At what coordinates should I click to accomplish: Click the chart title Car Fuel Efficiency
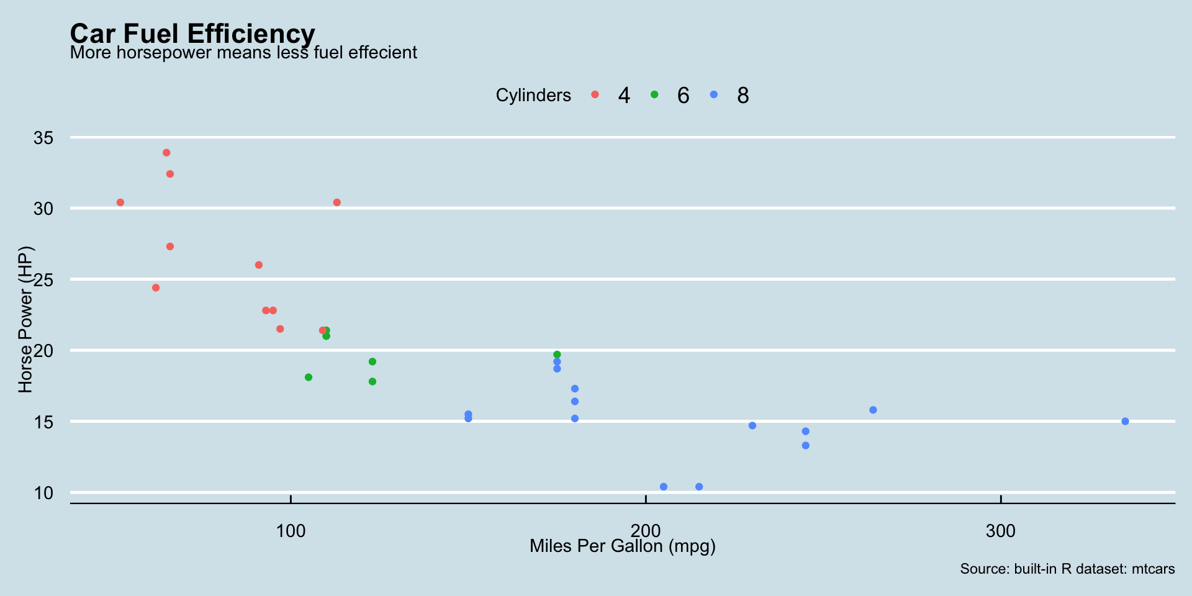click(192, 34)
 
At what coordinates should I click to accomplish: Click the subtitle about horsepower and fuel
click(243, 53)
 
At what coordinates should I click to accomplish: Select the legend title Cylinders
click(533, 95)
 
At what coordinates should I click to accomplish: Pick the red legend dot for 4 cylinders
click(595, 94)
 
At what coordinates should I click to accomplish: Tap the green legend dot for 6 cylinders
click(654, 94)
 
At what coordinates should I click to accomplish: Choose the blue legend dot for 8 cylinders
click(714, 94)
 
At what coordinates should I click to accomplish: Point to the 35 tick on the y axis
click(43, 137)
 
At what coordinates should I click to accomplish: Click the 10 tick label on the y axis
click(43, 493)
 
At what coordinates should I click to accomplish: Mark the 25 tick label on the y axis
click(43, 279)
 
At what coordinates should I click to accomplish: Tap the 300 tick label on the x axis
click(1001, 531)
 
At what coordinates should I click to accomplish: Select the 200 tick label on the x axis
click(646, 531)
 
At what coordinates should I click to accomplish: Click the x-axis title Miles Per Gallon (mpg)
click(623, 546)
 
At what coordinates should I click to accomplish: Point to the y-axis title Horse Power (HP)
click(25, 320)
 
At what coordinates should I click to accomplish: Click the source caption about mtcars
click(1067, 569)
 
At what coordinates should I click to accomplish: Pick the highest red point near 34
click(166, 153)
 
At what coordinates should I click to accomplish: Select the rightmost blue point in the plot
click(1125, 422)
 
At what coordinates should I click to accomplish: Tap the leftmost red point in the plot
click(120, 202)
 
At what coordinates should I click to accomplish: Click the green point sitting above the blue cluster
click(557, 354)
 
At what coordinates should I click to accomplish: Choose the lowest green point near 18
click(372, 382)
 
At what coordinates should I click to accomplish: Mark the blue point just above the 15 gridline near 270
click(873, 410)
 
